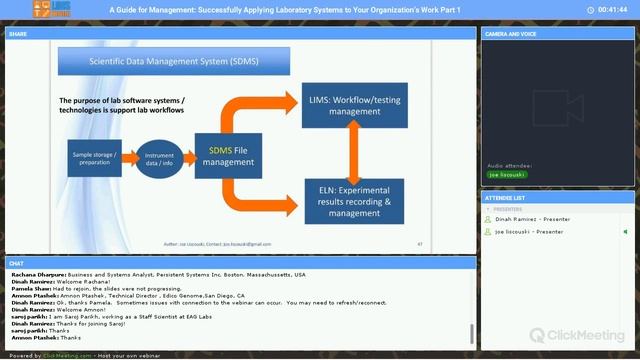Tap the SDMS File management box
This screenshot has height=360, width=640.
229,155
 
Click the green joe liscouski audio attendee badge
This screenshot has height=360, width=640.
507,174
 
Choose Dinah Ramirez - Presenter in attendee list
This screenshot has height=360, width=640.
531,218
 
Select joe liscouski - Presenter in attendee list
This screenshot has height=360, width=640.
530,231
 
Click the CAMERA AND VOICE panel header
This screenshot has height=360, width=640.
509,34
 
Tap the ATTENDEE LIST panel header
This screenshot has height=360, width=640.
504,198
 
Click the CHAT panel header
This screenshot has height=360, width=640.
17,264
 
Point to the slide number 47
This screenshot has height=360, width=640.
420,244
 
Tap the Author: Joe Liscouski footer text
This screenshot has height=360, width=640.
204,244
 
